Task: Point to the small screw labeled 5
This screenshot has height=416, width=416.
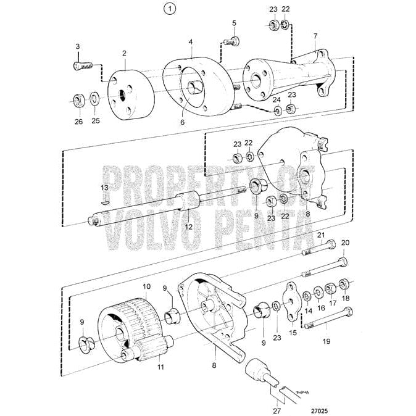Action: [x=233, y=41]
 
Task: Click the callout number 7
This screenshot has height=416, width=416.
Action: [x=315, y=36]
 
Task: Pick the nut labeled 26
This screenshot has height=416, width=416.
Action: [x=78, y=99]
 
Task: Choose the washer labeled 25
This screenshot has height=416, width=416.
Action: [x=94, y=99]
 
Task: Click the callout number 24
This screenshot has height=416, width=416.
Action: [x=277, y=99]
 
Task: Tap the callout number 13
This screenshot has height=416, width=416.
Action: [x=104, y=188]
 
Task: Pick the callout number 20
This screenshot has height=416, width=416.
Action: [x=345, y=243]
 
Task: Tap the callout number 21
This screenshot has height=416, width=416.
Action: [x=320, y=235]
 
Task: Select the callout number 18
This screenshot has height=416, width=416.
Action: [x=345, y=297]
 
